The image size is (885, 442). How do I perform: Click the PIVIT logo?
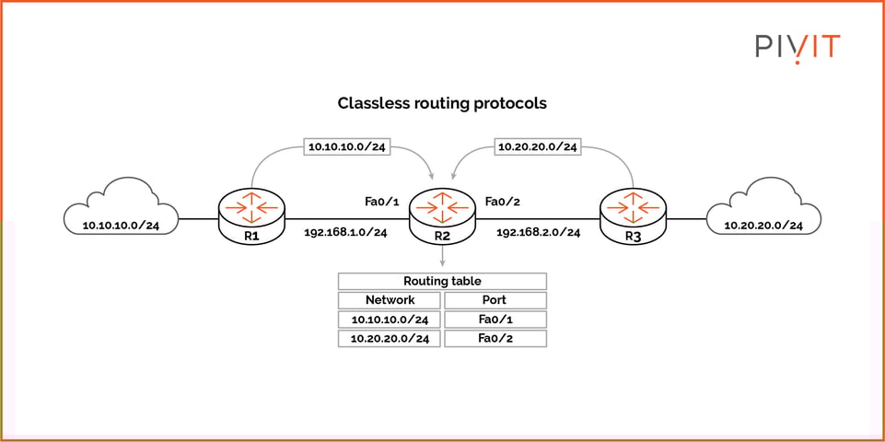(x=798, y=46)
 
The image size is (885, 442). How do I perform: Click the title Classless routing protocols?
(x=442, y=103)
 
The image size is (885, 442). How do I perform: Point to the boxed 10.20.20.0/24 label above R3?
(x=537, y=145)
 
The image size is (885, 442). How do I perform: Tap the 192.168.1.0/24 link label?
(x=345, y=233)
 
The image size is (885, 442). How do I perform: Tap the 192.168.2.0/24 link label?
(x=538, y=233)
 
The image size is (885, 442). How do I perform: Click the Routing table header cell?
(x=442, y=281)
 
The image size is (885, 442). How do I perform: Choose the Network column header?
(x=390, y=300)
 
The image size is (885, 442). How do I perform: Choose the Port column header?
(x=495, y=300)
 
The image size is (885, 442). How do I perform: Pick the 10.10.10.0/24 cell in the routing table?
(x=390, y=320)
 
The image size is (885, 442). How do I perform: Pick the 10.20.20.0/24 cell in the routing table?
(x=390, y=339)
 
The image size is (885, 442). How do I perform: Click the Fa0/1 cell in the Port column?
(x=495, y=320)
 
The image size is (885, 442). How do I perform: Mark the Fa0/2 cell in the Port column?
(x=495, y=339)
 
